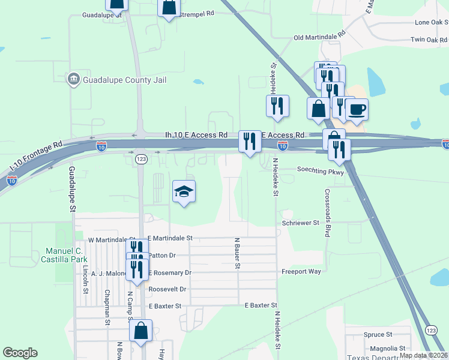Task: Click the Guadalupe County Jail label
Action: [x=124, y=80]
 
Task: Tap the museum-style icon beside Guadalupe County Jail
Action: [x=74, y=79]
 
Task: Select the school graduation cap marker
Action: [x=184, y=191]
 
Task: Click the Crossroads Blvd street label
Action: [x=327, y=213]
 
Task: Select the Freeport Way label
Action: [x=301, y=272]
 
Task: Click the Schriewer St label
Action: [x=301, y=223]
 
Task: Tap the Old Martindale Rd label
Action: [x=320, y=37]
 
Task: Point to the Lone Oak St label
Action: [x=432, y=22]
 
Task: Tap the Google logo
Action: [x=20, y=353]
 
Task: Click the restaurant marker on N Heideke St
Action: [x=278, y=106]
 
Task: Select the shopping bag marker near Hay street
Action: [x=140, y=331]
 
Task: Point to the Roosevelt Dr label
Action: [x=167, y=289]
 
